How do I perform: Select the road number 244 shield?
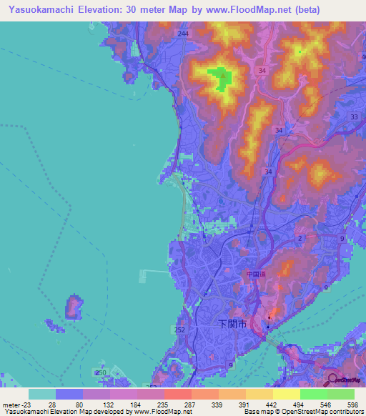coord(184,34)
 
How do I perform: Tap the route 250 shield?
coord(101,372)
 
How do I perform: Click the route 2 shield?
coord(301,238)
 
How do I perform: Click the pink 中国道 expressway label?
coord(255,274)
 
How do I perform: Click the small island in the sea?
coord(73,307)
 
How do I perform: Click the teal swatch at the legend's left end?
coord(42,394)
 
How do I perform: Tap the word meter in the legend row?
coord(13,405)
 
